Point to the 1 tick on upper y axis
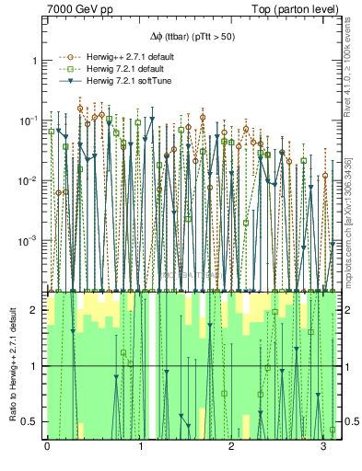click(36, 61)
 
